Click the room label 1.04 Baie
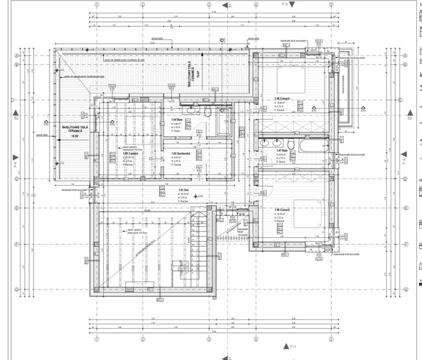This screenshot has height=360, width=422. point(177,120)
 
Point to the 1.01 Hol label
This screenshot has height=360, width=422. point(184,190)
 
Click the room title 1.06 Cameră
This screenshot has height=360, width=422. point(282,99)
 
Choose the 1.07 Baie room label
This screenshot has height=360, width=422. point(282,150)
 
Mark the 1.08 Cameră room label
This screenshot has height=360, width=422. point(282,210)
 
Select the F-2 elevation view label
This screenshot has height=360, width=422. point(404,160)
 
